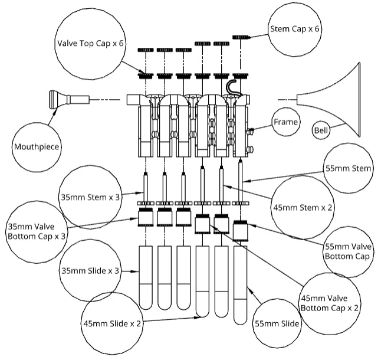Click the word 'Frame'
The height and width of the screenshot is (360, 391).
click(x=286, y=122)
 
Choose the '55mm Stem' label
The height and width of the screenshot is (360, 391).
click(x=350, y=169)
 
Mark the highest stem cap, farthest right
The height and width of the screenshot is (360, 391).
click(x=241, y=37)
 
